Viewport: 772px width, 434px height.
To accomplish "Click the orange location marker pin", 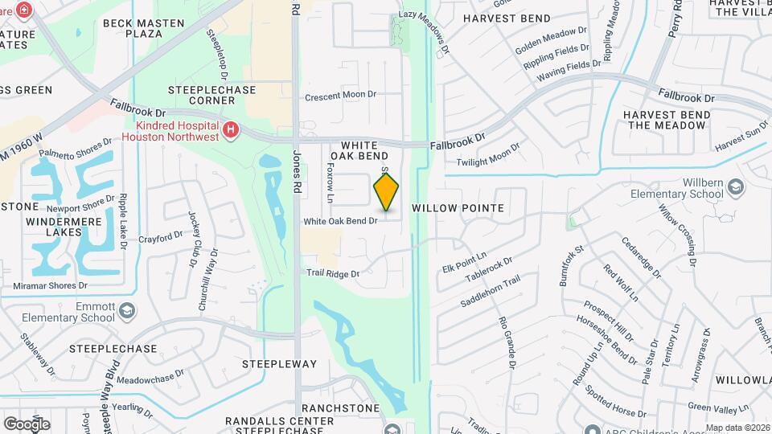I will pos(387,191).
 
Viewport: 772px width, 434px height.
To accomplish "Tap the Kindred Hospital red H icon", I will pos(232,129).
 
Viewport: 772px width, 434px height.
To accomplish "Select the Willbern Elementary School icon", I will pos(736,187).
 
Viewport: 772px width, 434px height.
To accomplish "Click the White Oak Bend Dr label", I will pos(340,221).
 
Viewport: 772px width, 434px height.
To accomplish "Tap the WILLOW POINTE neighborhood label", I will pos(458,207).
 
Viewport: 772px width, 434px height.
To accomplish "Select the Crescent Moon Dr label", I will pos(340,95).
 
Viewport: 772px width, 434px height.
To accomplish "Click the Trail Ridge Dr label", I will pos(332,273).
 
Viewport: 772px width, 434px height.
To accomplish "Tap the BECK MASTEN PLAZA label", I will pos(145,29).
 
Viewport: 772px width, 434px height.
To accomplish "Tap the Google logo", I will pos(27,424).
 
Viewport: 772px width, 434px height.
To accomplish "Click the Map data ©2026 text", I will pos(737,428).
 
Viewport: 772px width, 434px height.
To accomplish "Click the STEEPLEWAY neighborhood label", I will pos(279,364).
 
